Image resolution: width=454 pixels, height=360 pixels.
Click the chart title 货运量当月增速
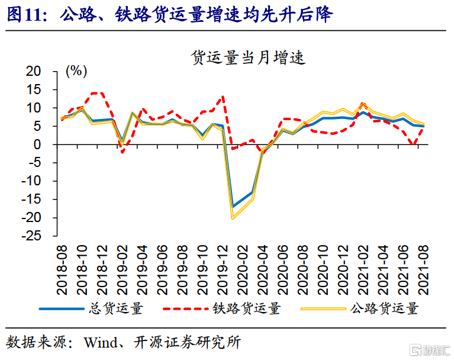click(247, 57)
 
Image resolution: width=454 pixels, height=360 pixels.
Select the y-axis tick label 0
click(41, 144)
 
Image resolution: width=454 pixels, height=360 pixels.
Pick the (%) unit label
click(76, 72)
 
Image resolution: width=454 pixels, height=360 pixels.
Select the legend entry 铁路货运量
click(246, 308)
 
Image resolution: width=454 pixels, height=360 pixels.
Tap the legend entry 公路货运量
click(384, 308)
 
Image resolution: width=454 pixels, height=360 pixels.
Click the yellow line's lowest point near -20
click(233, 218)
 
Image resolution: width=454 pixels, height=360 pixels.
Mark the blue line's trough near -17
click(233, 207)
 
